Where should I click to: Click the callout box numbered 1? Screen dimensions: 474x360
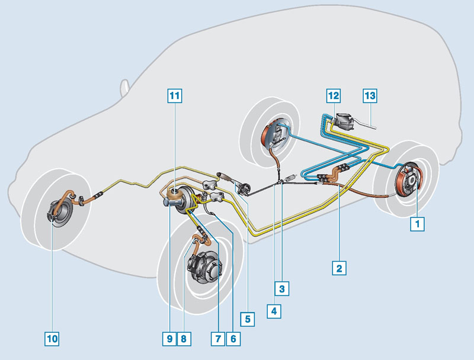point(417,224)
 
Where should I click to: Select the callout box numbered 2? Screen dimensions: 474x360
point(339,268)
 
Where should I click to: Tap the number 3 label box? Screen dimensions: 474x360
point(282,289)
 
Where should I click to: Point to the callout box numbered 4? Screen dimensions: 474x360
point(274,311)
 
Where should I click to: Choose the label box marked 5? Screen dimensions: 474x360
point(248,319)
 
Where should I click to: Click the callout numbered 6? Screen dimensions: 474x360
point(233,339)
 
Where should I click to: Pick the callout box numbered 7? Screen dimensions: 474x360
point(218,339)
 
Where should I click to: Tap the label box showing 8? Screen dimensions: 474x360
point(184,339)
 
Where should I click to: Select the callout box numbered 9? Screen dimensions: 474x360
point(169,339)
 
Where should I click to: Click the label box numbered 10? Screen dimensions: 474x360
point(52,339)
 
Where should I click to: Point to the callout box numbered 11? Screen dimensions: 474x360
point(175,96)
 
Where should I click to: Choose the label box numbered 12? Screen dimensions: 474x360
point(334,96)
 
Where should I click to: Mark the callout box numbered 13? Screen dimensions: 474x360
point(370,96)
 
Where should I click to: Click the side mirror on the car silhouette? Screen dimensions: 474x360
point(124,88)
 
